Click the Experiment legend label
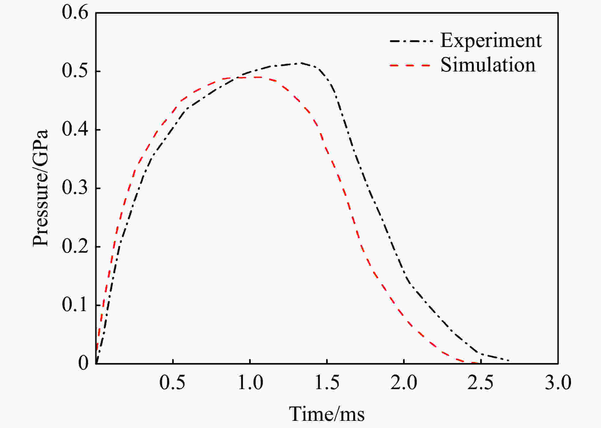coord(491,41)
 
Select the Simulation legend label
coord(488,65)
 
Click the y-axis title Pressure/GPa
coord(40,188)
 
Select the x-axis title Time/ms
coord(327,414)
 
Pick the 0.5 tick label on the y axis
coord(75,71)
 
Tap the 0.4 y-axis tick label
coord(75,130)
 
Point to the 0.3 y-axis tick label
coord(75,188)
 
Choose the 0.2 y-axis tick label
coord(75,247)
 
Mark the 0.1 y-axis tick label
coord(75,305)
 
